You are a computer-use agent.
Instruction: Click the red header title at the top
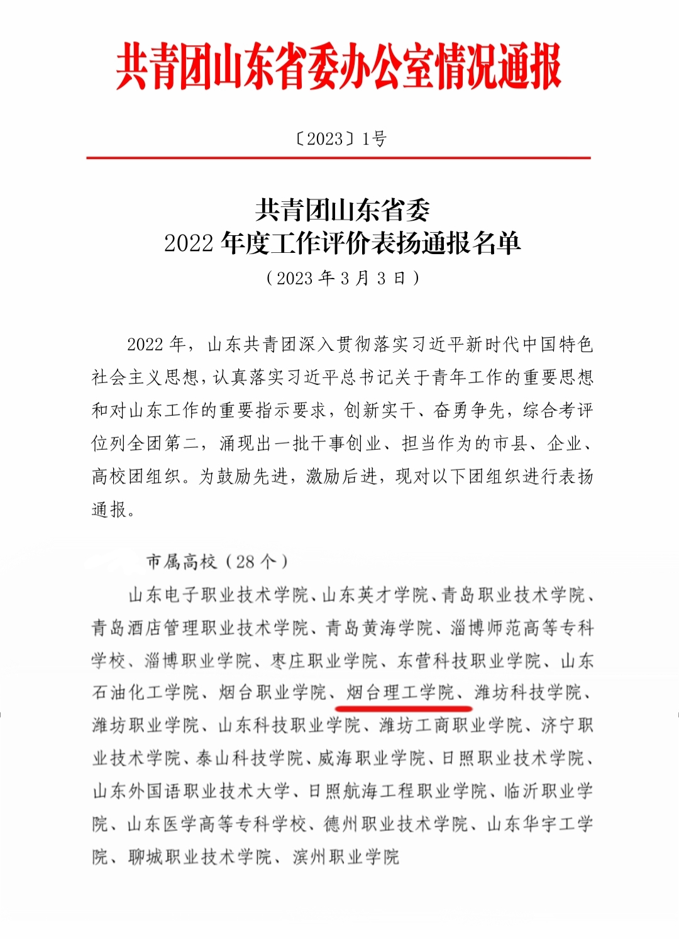coord(338,67)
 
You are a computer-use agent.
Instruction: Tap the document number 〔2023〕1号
coord(340,138)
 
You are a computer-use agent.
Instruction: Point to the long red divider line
coord(338,157)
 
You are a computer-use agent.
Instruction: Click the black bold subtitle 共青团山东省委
coord(342,210)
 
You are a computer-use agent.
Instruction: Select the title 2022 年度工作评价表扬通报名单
coord(342,243)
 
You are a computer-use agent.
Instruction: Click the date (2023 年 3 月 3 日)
coord(342,278)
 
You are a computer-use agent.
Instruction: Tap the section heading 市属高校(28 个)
coord(217,562)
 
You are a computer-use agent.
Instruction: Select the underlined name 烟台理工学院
coord(400,692)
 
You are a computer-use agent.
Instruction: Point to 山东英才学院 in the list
coord(375,595)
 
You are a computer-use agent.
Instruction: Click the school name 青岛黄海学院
coord(379,628)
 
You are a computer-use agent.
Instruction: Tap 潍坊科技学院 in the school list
coord(528,692)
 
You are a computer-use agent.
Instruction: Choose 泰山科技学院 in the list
coord(250,758)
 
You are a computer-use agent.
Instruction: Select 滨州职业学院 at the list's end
coord(346,857)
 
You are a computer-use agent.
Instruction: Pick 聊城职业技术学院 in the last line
coord(200,857)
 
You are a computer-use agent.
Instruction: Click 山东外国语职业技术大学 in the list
coord(191,791)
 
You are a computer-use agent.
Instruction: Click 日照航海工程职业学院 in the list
coord(397,791)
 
